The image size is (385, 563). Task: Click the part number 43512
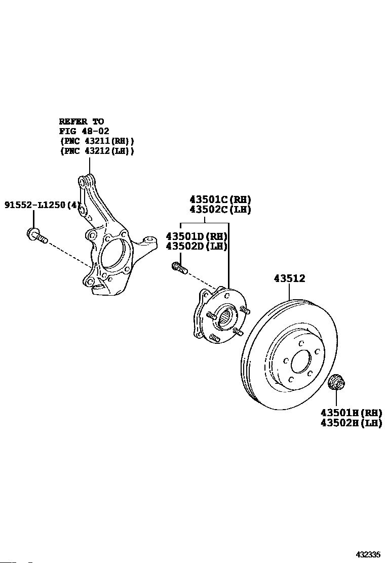point(289,278)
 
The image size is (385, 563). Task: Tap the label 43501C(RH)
point(220,199)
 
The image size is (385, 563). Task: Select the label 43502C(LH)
point(220,209)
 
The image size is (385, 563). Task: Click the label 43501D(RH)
point(197,236)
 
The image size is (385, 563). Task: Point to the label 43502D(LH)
point(197,246)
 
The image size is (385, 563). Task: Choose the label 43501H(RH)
point(351,413)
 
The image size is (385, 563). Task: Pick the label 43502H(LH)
point(351,423)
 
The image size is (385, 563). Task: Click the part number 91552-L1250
point(35,205)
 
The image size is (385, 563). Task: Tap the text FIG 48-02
point(84,131)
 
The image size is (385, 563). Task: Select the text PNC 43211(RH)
point(97,141)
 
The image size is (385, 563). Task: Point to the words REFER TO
point(82,122)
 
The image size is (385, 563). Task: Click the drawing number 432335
point(368,554)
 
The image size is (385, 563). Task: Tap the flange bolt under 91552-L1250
point(36,235)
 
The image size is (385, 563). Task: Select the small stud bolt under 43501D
point(179,268)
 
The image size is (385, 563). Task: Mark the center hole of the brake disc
point(301,362)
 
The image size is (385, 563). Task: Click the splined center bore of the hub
point(226,316)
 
